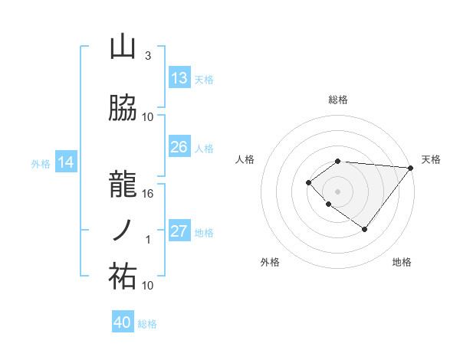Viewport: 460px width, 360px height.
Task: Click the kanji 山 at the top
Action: click(123, 47)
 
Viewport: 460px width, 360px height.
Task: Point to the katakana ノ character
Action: click(123, 230)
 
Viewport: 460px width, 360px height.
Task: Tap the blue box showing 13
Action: click(179, 78)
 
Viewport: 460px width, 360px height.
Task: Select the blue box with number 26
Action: click(179, 147)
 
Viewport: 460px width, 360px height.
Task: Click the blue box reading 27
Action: click(179, 232)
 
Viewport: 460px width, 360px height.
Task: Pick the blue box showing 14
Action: click(66, 162)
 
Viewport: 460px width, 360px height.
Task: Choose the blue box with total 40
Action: click(123, 322)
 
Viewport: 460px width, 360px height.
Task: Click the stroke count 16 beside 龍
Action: click(149, 193)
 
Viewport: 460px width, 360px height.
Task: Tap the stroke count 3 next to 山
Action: click(147, 56)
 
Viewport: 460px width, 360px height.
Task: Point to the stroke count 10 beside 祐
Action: click(149, 285)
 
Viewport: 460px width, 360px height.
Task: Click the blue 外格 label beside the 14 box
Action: click(40, 163)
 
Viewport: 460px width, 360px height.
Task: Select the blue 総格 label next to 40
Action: click(147, 324)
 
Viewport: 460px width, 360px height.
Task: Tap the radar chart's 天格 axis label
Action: click(431, 159)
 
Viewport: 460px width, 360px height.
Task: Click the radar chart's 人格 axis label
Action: click(245, 159)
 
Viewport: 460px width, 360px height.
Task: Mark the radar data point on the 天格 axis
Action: click(411, 168)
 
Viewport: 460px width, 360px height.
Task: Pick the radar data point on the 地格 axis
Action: click(365, 229)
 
